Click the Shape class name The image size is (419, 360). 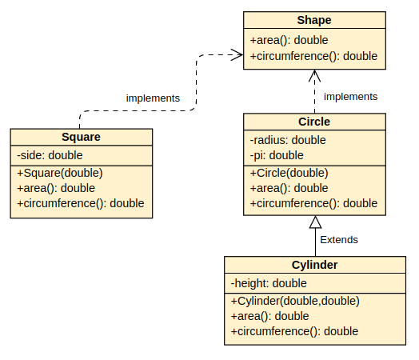click(x=313, y=20)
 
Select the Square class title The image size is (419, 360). click(x=81, y=137)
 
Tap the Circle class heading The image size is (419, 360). click(x=313, y=122)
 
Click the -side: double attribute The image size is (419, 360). click(x=50, y=155)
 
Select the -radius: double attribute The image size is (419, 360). click(x=288, y=140)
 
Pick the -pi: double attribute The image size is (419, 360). click(x=277, y=155)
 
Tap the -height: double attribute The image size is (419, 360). click(x=269, y=283)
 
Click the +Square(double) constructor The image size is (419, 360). click(x=60, y=173)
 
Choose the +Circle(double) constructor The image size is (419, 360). click(x=289, y=173)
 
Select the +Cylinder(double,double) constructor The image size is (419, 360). click(x=295, y=301)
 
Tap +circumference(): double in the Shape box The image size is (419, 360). click(x=313, y=56)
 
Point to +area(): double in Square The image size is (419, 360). click(x=56, y=188)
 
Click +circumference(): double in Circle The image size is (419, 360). click(x=313, y=203)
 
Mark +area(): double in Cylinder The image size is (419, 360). click(x=270, y=316)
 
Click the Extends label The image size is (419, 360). click(x=339, y=239)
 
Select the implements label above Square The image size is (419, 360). click(x=153, y=98)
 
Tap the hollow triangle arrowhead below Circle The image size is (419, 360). click(x=315, y=222)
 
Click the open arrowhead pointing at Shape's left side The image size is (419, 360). click(x=237, y=54)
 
